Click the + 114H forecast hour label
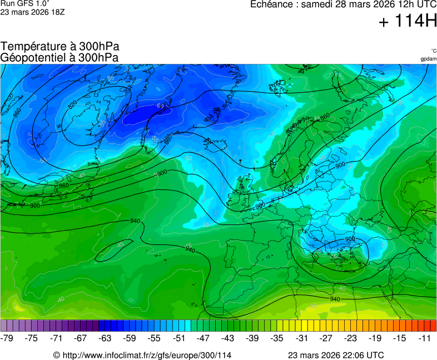coord(408,22)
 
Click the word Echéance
coord(272,4)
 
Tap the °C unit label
coord(433,51)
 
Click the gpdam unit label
coord(428,59)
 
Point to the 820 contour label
coord(72,104)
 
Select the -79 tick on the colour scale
coord(7,338)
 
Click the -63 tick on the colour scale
coord(105,338)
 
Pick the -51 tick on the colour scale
coord(178,338)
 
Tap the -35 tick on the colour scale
coord(277,338)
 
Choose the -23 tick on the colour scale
coord(351,338)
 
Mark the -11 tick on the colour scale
coord(425,338)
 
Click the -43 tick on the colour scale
coord(228,338)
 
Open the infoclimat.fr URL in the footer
coord(146,355)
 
